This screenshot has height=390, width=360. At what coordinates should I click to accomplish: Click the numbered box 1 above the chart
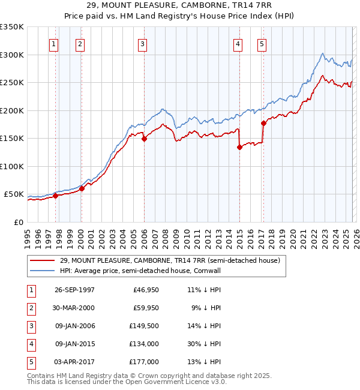coord(55,44)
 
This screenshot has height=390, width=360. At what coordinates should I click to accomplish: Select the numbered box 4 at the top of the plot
coord(238,44)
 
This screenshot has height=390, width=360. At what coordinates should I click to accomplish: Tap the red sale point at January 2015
coord(239,147)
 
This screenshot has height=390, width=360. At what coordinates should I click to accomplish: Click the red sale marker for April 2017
coord(263,123)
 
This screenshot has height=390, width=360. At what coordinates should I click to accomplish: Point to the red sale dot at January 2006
coord(144,139)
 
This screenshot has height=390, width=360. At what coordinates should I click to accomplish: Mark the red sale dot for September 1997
coord(55,196)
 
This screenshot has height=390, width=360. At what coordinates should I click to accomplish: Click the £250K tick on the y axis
coord(11,83)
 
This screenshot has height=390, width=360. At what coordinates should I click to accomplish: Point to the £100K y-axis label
coord(11,166)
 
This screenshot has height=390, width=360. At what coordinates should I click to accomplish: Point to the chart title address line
coord(181,8)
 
